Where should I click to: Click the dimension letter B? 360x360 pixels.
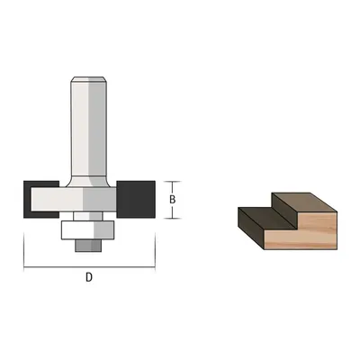[172, 200]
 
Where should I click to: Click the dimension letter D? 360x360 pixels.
[89, 277]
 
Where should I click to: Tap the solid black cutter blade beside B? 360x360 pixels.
[136, 199]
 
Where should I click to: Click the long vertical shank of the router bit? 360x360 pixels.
[89, 129]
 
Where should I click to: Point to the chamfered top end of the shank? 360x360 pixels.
[89, 79]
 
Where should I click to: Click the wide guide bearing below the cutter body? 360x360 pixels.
[87, 230]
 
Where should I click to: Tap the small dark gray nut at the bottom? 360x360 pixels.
[88, 246]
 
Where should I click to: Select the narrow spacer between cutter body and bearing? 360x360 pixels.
[88, 216]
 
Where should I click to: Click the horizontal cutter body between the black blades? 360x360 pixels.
[74, 200]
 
